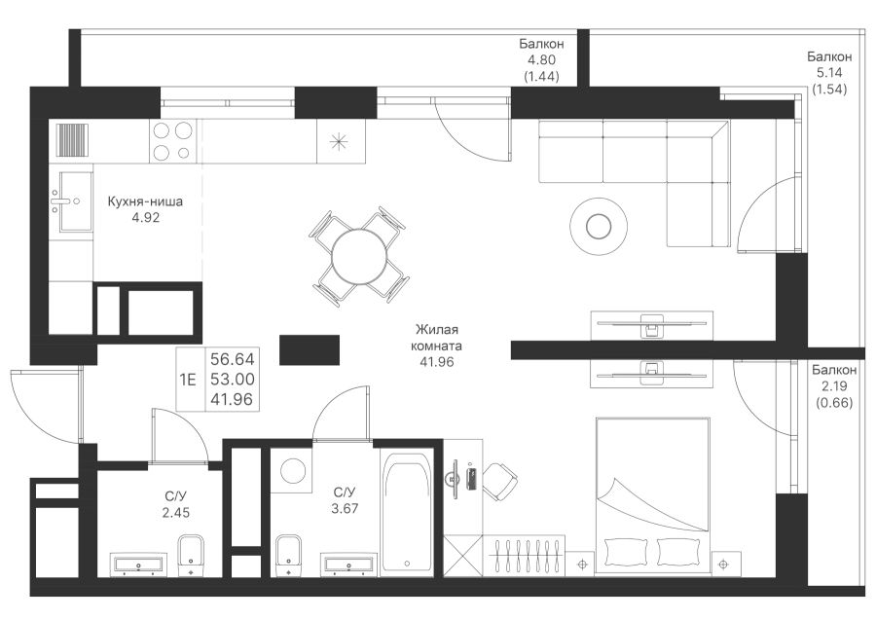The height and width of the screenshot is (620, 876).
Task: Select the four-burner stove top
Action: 172,141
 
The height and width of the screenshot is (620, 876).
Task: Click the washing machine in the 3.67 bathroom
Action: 292,470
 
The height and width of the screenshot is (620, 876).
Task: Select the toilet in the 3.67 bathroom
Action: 289,553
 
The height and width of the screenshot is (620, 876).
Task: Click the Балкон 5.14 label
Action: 829,72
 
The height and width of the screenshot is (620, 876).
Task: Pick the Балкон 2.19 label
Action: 833,385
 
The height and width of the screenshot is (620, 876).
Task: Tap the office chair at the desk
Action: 500,477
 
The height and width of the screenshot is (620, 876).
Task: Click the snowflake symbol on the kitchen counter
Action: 339,141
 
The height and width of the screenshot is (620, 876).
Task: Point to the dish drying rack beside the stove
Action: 73,141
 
